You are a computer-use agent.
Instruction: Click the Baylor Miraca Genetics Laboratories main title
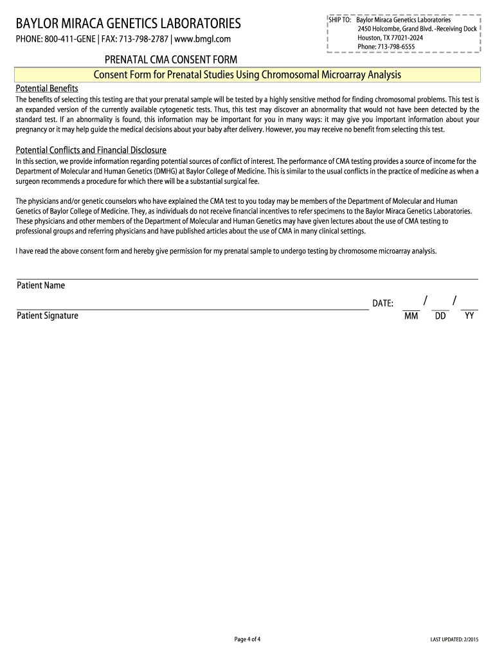(128, 24)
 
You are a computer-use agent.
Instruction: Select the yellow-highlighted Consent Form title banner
(248, 75)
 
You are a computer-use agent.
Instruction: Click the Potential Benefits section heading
(47, 88)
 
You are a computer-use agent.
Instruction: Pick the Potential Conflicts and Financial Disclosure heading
(91, 150)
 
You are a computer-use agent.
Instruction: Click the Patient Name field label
(40, 285)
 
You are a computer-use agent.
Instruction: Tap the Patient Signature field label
(48, 316)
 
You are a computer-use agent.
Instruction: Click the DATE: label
(383, 303)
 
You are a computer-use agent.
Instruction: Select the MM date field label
(411, 316)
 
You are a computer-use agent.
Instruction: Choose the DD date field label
(440, 316)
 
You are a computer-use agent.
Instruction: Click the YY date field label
(469, 316)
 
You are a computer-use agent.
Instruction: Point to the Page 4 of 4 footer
(248, 639)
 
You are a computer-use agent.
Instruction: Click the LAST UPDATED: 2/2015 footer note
(455, 639)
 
